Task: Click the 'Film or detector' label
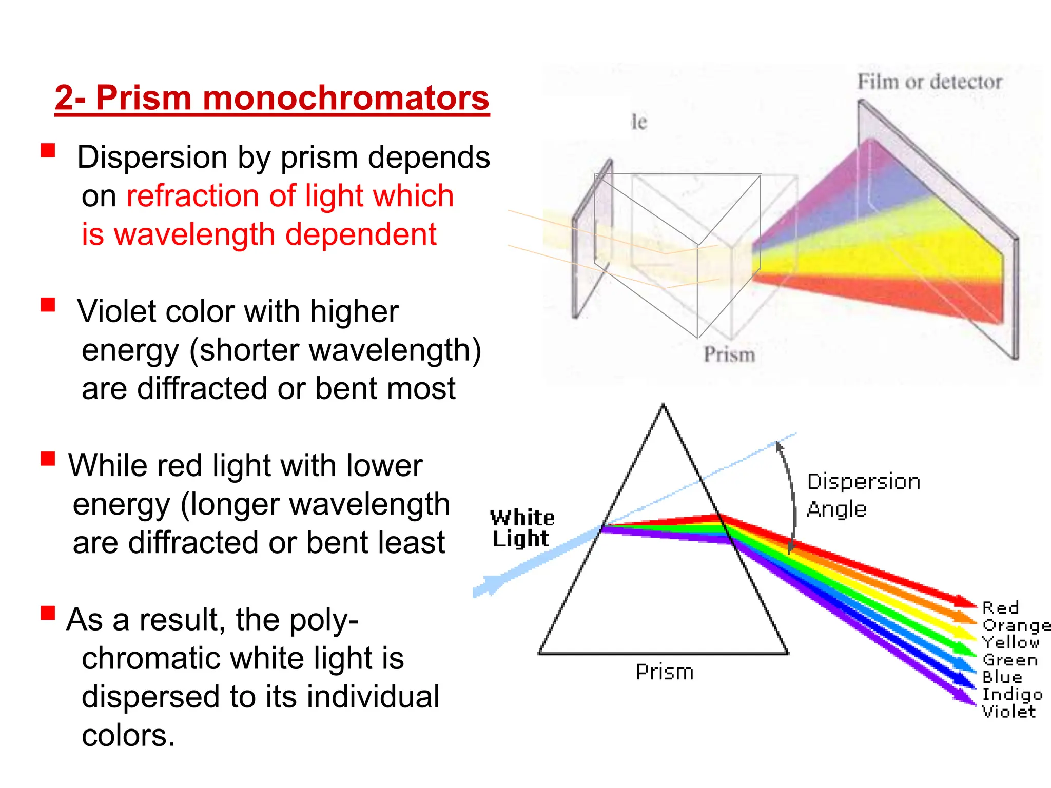coord(929,82)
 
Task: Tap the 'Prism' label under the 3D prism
coord(729,354)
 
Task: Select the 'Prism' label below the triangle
coord(664,672)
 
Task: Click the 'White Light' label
coord(521,528)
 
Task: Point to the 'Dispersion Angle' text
coord(863,495)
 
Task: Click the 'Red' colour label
coord(1000,608)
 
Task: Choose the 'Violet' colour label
coord(1008,712)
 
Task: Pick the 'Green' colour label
coord(1009,660)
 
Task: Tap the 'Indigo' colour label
coord(1011,695)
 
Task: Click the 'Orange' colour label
coord(1015,625)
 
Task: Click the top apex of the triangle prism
coord(663,407)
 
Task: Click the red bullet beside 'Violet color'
coord(48,305)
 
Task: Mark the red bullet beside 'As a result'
coord(48,613)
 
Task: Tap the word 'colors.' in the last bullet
coord(128,735)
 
